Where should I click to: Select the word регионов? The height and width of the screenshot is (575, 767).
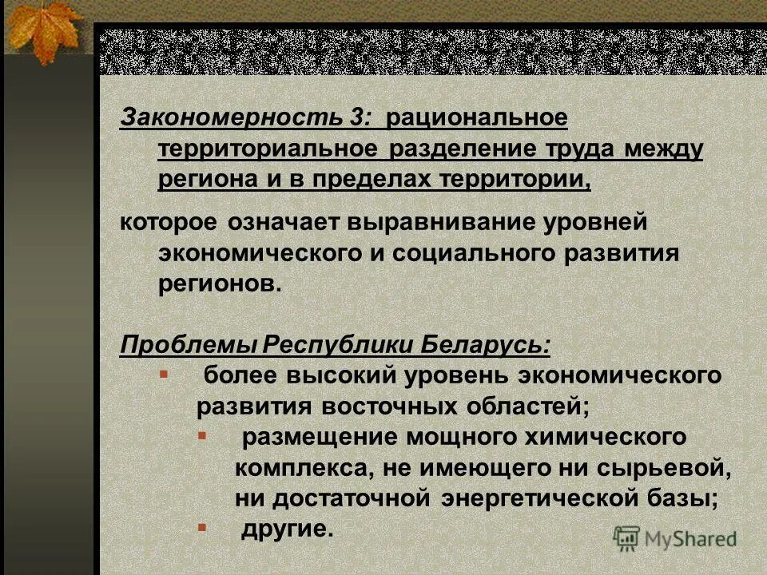pyautogui.click(x=220, y=284)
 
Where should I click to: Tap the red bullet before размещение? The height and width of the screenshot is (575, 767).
pyautogui.click(x=201, y=435)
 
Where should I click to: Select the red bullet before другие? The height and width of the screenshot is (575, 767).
pyautogui.click(x=201, y=527)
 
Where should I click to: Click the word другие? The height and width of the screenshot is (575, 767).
pyautogui.click(x=286, y=529)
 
